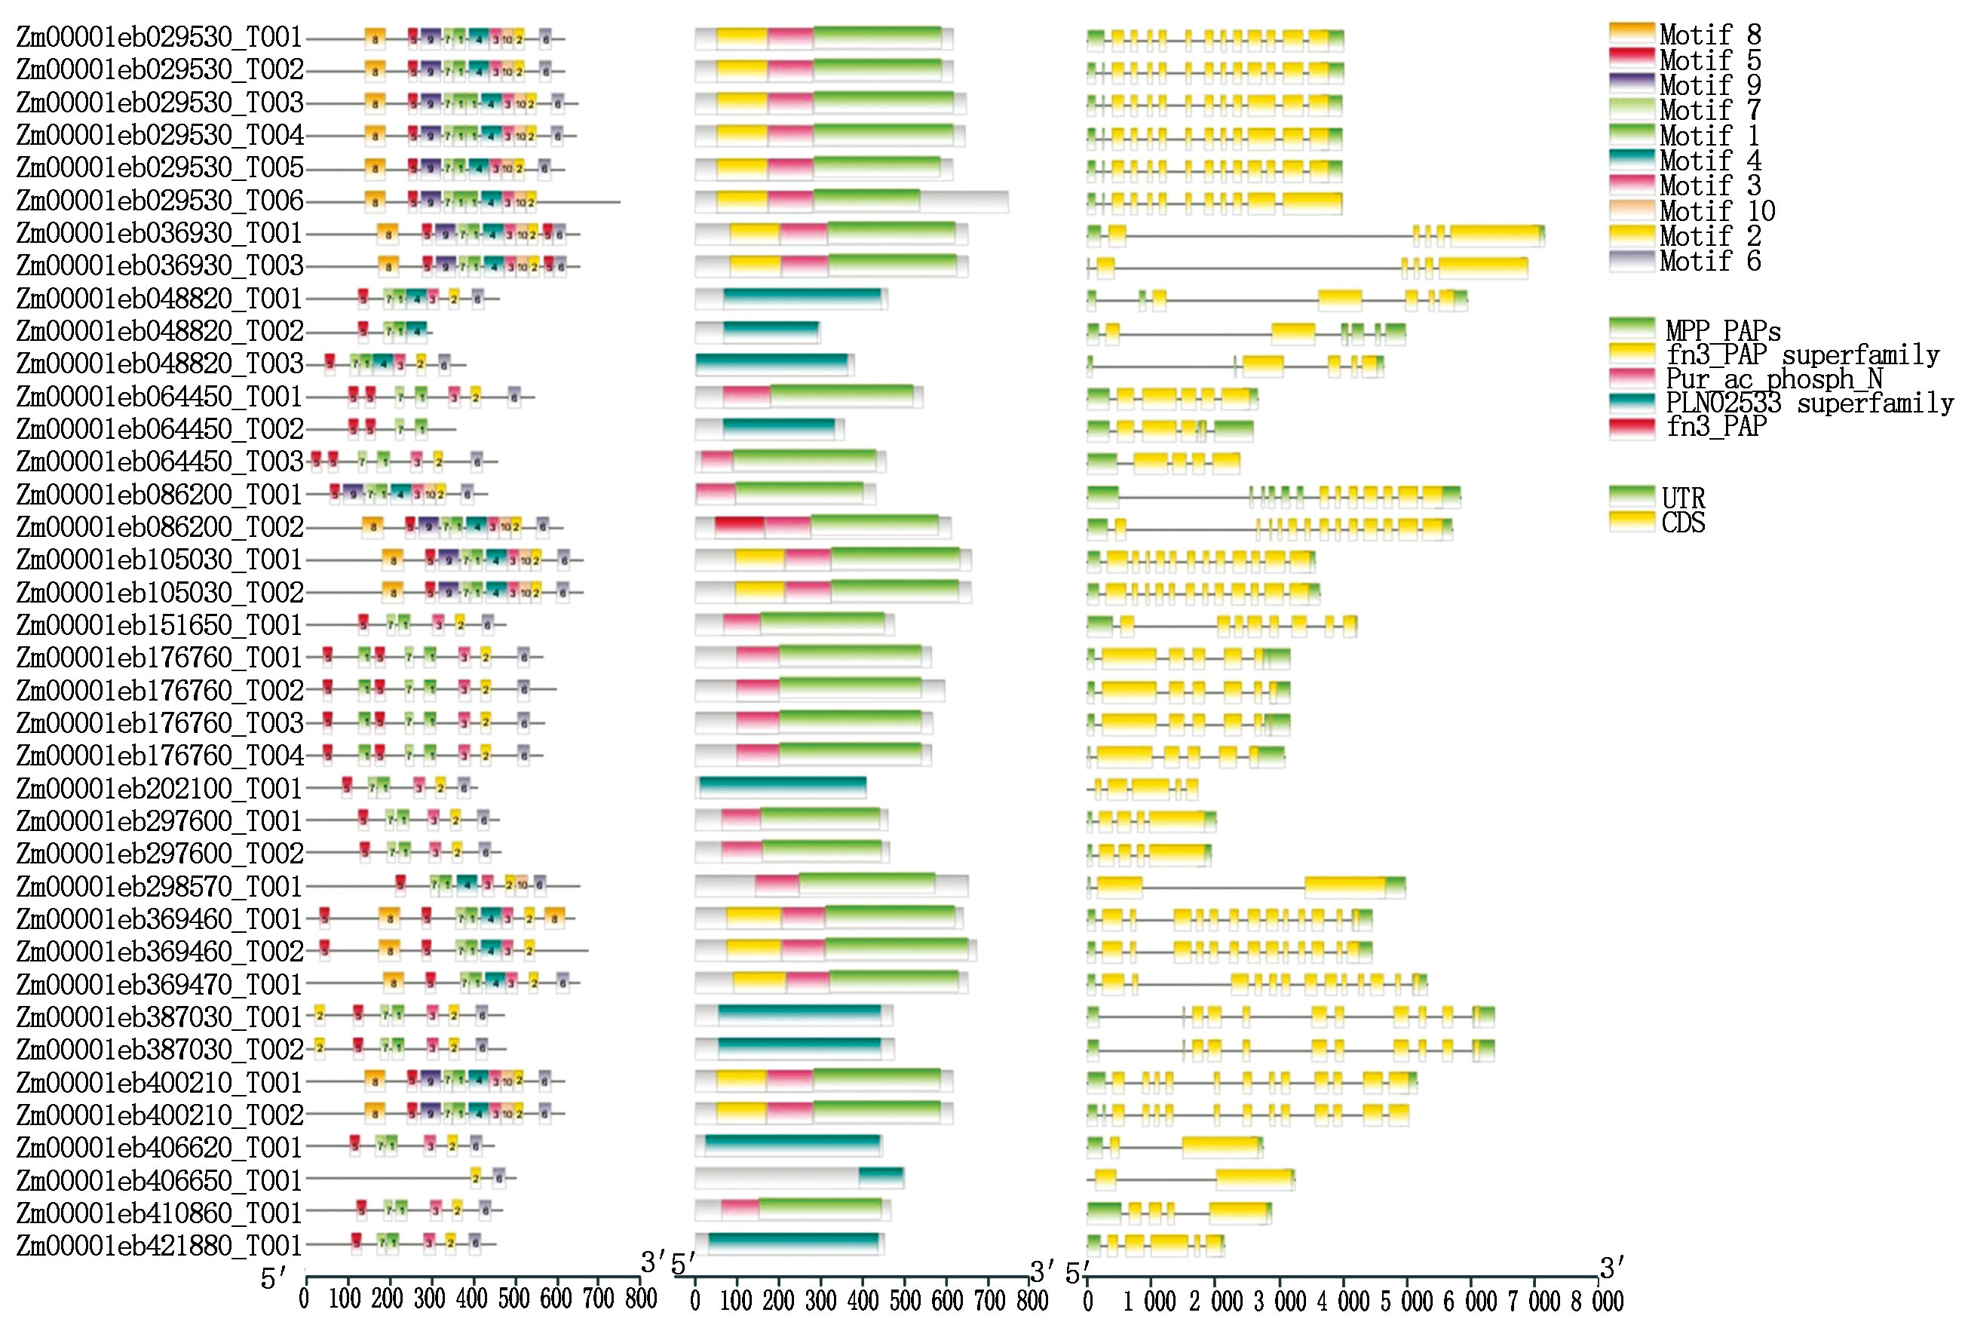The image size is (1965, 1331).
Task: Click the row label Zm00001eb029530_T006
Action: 160,201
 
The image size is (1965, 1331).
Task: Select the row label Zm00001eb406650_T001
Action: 160,1180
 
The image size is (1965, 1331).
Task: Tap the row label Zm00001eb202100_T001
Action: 160,789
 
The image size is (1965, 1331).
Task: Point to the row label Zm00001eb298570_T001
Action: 160,887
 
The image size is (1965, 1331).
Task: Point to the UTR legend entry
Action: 1682,498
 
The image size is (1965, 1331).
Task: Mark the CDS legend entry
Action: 1682,523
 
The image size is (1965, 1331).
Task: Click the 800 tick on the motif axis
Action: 640,1299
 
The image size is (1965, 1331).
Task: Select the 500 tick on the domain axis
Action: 904,1299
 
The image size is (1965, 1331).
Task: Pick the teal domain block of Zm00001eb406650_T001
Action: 881,1178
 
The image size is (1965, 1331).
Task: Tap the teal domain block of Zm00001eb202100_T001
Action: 782,787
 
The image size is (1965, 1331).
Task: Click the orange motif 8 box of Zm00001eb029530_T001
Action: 376,38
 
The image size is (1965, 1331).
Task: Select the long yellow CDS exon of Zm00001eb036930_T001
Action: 1495,235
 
